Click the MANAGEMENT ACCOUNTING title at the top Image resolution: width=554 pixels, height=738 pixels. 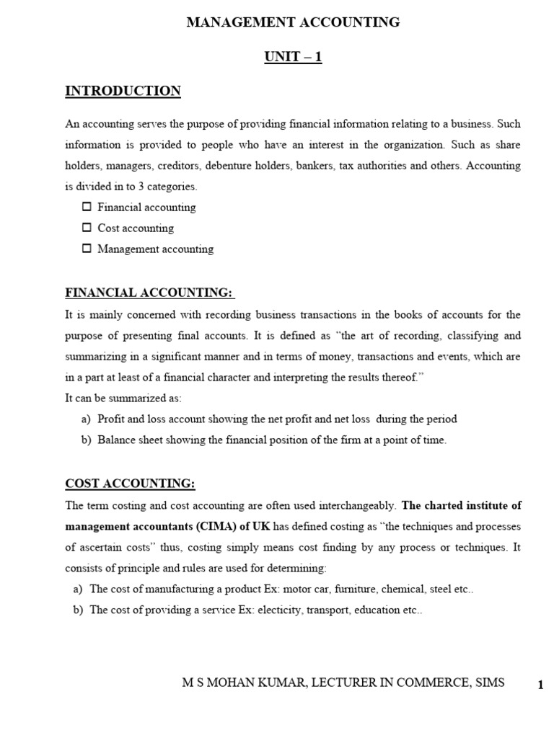click(x=293, y=22)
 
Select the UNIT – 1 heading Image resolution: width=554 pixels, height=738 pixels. click(x=293, y=57)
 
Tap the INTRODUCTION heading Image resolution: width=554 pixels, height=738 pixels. click(x=123, y=91)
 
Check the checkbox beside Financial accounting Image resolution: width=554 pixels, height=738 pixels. click(x=87, y=207)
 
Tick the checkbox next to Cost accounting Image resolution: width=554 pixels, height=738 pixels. click(x=87, y=228)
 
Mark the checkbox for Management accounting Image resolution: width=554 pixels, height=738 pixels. click(x=87, y=249)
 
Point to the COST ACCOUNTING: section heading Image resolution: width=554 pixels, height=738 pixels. click(x=130, y=483)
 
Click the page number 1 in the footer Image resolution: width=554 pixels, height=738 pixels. click(x=540, y=685)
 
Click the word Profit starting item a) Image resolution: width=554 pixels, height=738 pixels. click(x=112, y=419)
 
